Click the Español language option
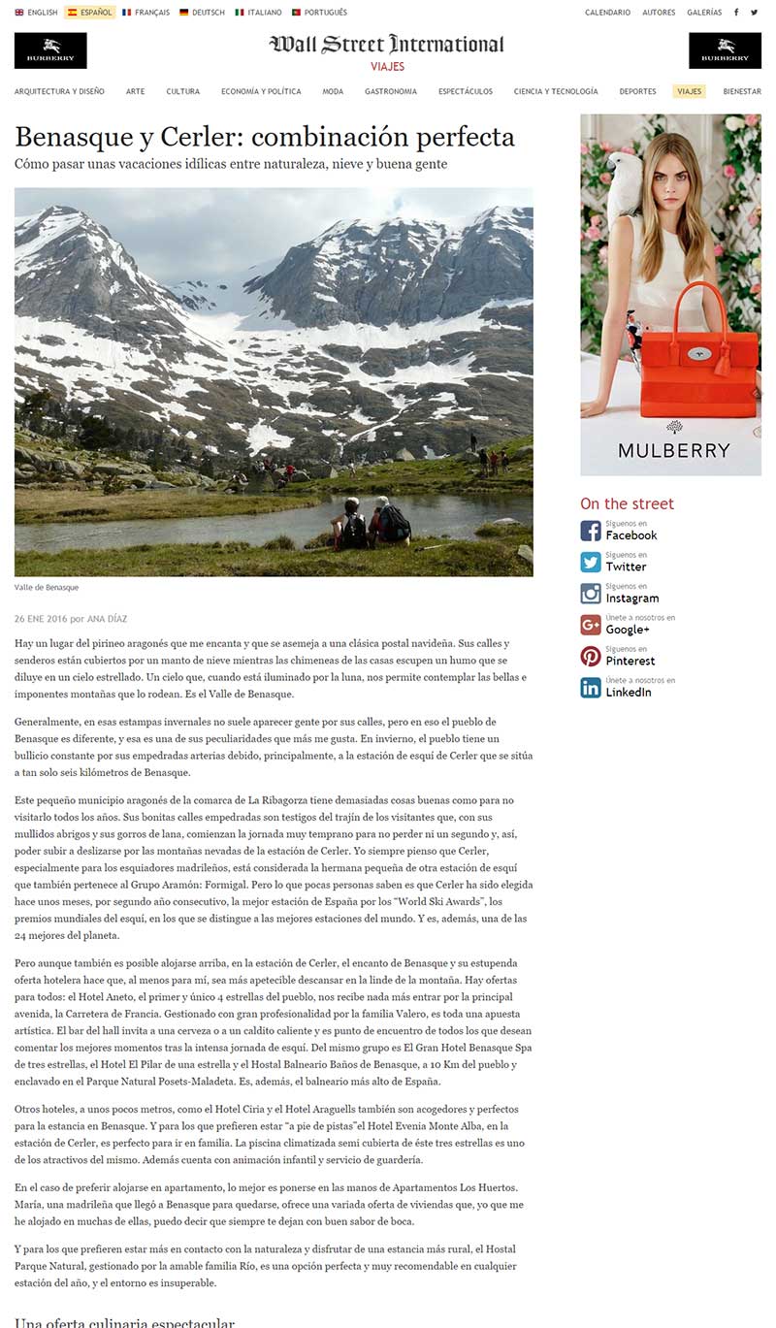click(90, 13)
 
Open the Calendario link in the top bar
click(607, 13)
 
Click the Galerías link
click(704, 13)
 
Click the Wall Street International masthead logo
click(387, 45)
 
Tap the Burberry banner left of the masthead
click(50, 50)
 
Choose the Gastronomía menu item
click(391, 91)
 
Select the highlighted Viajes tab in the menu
click(689, 91)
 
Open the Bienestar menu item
click(742, 91)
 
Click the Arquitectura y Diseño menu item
click(59, 91)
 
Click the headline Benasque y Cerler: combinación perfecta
click(264, 136)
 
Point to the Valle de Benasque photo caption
click(47, 588)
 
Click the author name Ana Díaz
click(108, 619)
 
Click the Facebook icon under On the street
click(591, 531)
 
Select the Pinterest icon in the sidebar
click(591, 657)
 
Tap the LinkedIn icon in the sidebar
click(591, 688)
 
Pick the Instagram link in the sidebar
click(631, 599)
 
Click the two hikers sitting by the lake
click(372, 525)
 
